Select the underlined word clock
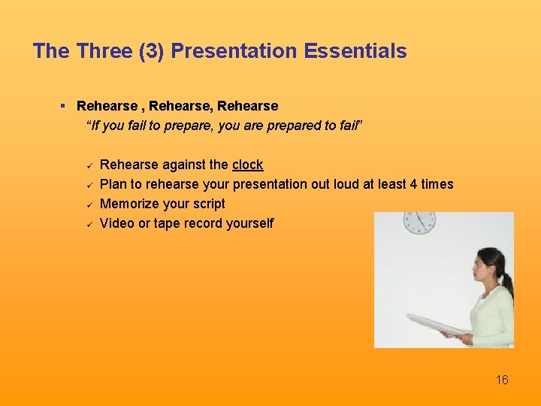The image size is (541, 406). tap(248, 165)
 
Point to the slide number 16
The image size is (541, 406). tap(502, 380)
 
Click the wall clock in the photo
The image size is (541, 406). tap(419, 220)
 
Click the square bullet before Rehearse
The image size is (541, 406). tap(64, 106)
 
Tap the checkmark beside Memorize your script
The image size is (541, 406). tap(88, 204)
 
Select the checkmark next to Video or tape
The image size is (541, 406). tap(88, 223)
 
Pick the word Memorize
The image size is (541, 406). tap(129, 204)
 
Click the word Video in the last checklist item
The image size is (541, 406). tap(116, 223)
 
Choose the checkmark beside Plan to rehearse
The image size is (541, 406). tap(88, 184)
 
